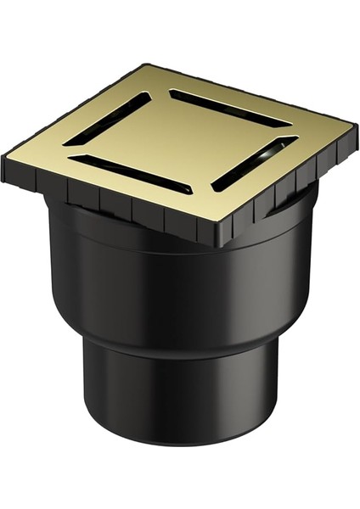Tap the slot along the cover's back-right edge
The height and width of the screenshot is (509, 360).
tap(229, 108)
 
